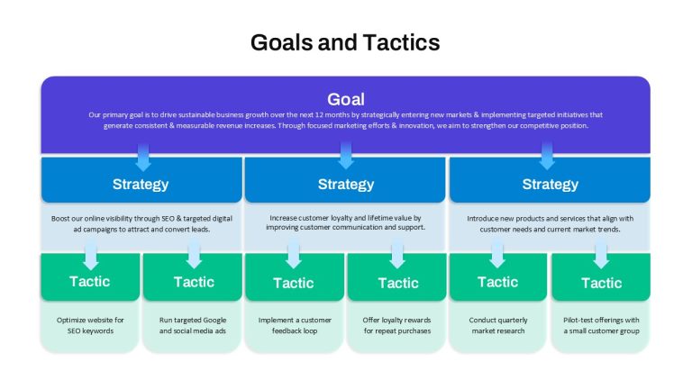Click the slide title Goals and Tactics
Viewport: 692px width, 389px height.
(x=345, y=43)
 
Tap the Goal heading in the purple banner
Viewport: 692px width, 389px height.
(x=346, y=99)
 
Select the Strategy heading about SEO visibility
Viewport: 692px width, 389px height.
(x=141, y=184)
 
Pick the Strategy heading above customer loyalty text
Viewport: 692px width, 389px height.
(x=346, y=184)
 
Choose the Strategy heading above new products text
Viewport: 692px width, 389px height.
(x=551, y=184)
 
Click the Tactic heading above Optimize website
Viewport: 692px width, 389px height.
(x=89, y=281)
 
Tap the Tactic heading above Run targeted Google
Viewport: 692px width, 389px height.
(x=194, y=282)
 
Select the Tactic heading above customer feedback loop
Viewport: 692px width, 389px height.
(x=294, y=283)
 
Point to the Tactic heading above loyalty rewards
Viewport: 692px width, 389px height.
(x=398, y=283)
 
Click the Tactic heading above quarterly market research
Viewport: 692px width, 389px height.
(x=497, y=282)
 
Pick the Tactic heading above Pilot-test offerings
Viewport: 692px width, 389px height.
(x=602, y=283)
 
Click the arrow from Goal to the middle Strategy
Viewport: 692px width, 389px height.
(x=346, y=155)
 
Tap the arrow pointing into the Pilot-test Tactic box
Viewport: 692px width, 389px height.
(x=601, y=255)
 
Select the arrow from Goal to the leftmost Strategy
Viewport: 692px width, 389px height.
(x=143, y=157)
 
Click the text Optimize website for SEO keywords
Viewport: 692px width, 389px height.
(x=90, y=325)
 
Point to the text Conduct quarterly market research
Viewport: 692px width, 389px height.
(x=498, y=325)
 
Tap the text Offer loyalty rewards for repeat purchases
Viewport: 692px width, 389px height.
(x=397, y=325)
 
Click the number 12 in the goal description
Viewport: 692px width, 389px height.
(x=320, y=114)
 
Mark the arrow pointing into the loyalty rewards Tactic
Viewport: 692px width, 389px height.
(x=397, y=255)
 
